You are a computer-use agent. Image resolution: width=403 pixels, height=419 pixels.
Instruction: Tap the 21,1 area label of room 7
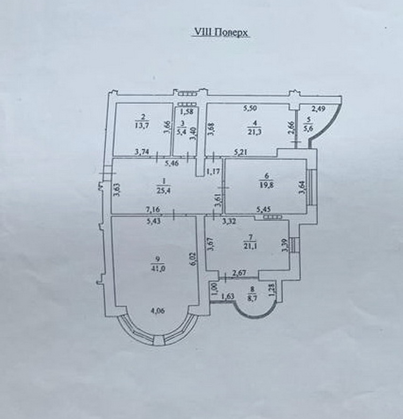(250, 247)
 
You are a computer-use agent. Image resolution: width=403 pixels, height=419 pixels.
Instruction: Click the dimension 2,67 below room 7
(239, 274)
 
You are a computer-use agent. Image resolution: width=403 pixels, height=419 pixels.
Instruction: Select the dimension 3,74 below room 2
(142, 152)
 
